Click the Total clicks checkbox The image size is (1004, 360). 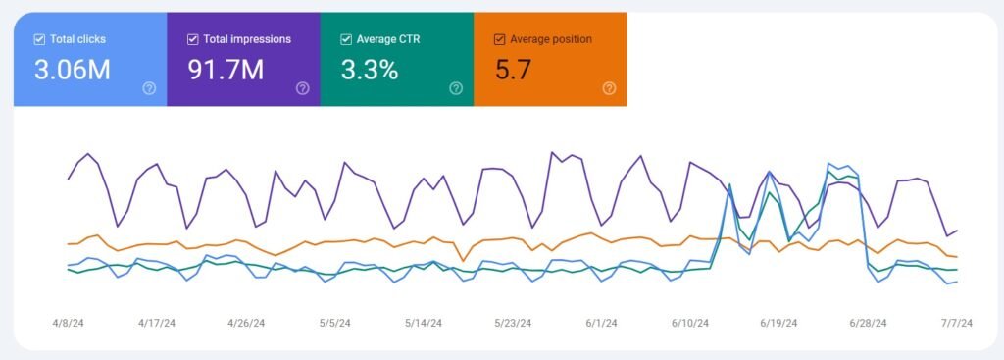click(38, 39)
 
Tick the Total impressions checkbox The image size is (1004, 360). click(192, 39)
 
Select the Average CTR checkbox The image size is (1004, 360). click(345, 39)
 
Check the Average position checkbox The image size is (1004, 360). click(499, 39)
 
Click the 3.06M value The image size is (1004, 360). click(71, 70)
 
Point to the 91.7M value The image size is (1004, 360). click(226, 70)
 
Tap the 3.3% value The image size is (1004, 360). click(370, 70)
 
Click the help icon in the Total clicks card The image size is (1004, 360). click(149, 88)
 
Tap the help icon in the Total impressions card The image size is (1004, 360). click(303, 88)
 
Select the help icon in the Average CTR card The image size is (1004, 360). click(456, 88)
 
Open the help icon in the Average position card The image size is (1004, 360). click(609, 88)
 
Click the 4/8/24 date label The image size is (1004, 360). click(68, 322)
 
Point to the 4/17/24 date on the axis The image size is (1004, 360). click(156, 322)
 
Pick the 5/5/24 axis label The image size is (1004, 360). click(334, 322)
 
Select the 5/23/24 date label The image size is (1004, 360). click(513, 322)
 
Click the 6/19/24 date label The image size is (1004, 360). click(778, 322)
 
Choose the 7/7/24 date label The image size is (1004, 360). click(956, 322)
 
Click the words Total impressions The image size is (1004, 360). click(246, 39)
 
